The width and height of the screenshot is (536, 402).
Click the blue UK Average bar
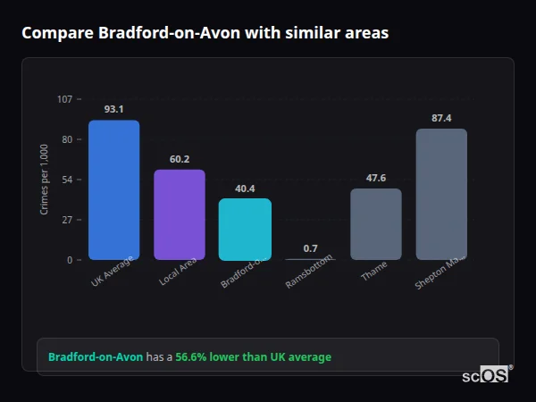pyautogui.click(x=113, y=189)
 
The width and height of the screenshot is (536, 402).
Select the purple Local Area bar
pyautogui.click(x=179, y=214)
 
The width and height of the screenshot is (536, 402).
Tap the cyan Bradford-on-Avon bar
pyautogui.click(x=245, y=229)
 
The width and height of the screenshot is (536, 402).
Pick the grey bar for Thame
pyautogui.click(x=375, y=223)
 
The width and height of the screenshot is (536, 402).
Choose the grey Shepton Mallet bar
pyautogui.click(x=441, y=194)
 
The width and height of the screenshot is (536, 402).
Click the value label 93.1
pyautogui.click(x=113, y=109)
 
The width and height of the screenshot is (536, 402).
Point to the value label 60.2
pyautogui.click(x=180, y=159)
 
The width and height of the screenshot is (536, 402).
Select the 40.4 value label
pyautogui.click(x=245, y=188)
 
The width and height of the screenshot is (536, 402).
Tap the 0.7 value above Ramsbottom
pyautogui.click(x=310, y=248)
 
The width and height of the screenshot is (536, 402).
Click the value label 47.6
pyautogui.click(x=376, y=178)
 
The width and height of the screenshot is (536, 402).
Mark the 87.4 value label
pyautogui.click(x=441, y=118)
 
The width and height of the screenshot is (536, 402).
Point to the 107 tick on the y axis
pyautogui.click(x=64, y=99)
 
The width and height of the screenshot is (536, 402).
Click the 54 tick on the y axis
pyautogui.click(x=67, y=180)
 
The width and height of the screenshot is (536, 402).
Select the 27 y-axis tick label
pyautogui.click(x=67, y=220)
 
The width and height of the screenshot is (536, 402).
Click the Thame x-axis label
pyautogui.click(x=374, y=272)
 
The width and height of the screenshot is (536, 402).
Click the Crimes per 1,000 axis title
pyautogui.click(x=45, y=180)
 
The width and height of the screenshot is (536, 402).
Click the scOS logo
pyautogui.click(x=486, y=375)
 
